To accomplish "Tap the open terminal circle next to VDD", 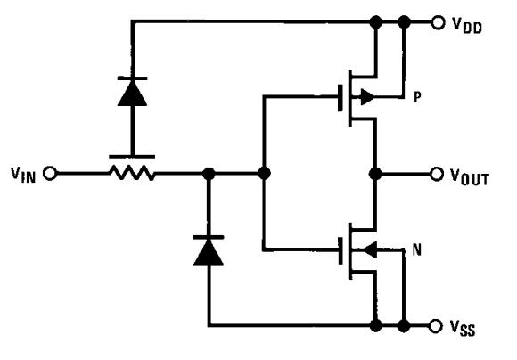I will (x=437, y=22).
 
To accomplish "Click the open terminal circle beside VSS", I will (x=437, y=324).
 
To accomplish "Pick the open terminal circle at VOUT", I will (x=437, y=173).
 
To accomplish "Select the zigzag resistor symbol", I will (x=132, y=173).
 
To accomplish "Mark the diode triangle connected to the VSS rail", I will (x=209, y=252).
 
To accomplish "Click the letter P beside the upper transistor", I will (x=418, y=99).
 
